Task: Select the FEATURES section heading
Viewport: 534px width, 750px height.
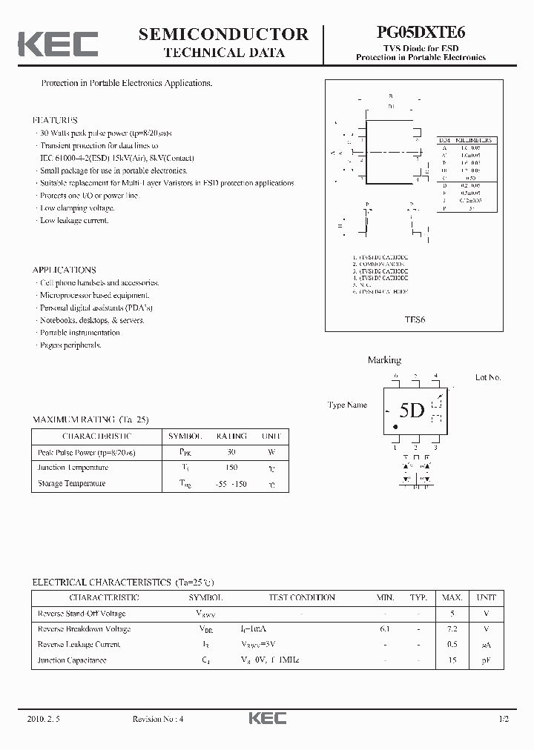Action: pyautogui.click(x=55, y=120)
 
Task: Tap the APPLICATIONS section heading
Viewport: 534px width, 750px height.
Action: pyautogui.click(x=65, y=271)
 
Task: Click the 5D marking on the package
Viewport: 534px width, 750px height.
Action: pyautogui.click(x=412, y=411)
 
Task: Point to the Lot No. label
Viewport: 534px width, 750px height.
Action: pyautogui.click(x=488, y=378)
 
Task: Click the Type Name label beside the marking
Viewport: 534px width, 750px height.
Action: pyautogui.click(x=347, y=405)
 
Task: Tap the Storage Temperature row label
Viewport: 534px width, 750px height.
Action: pyautogui.click(x=71, y=484)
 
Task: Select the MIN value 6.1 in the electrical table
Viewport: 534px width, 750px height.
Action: pyautogui.click(x=385, y=629)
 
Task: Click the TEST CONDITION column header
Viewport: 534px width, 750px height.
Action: pyautogui.click(x=301, y=597)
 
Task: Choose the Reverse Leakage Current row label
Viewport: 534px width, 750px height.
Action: pyautogui.click(x=79, y=645)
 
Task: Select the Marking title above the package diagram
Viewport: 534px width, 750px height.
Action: pyautogui.click(x=384, y=360)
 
